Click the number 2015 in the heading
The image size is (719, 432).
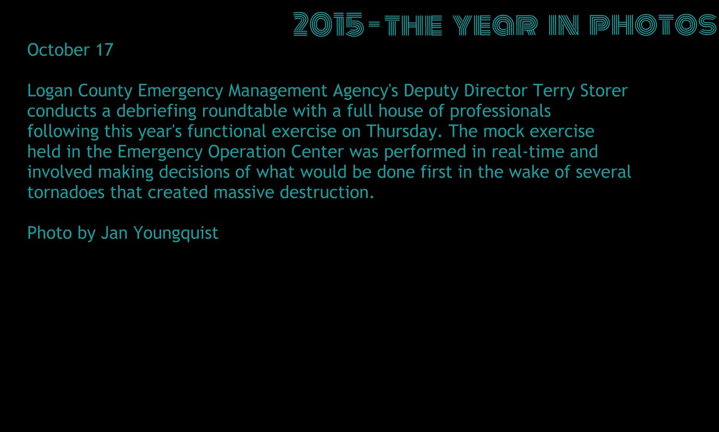pyautogui.click(x=329, y=24)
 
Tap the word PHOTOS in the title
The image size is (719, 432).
pyautogui.click(x=653, y=25)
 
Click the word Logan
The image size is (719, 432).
pyautogui.click(x=50, y=91)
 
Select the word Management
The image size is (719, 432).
pyautogui.click(x=278, y=90)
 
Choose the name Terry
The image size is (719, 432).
pyautogui.click(x=554, y=91)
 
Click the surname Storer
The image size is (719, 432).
pyautogui.click(x=604, y=90)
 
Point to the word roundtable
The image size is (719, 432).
pyautogui.click(x=245, y=111)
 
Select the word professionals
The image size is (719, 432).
pyautogui.click(x=500, y=112)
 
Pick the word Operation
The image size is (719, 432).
pyautogui.click(x=247, y=152)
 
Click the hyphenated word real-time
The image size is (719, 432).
pyautogui.click(x=528, y=152)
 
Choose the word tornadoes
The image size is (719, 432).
pyautogui.click(x=66, y=192)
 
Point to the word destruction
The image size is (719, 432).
pyautogui.click(x=327, y=192)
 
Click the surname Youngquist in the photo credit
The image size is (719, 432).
pyautogui.click(x=176, y=234)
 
